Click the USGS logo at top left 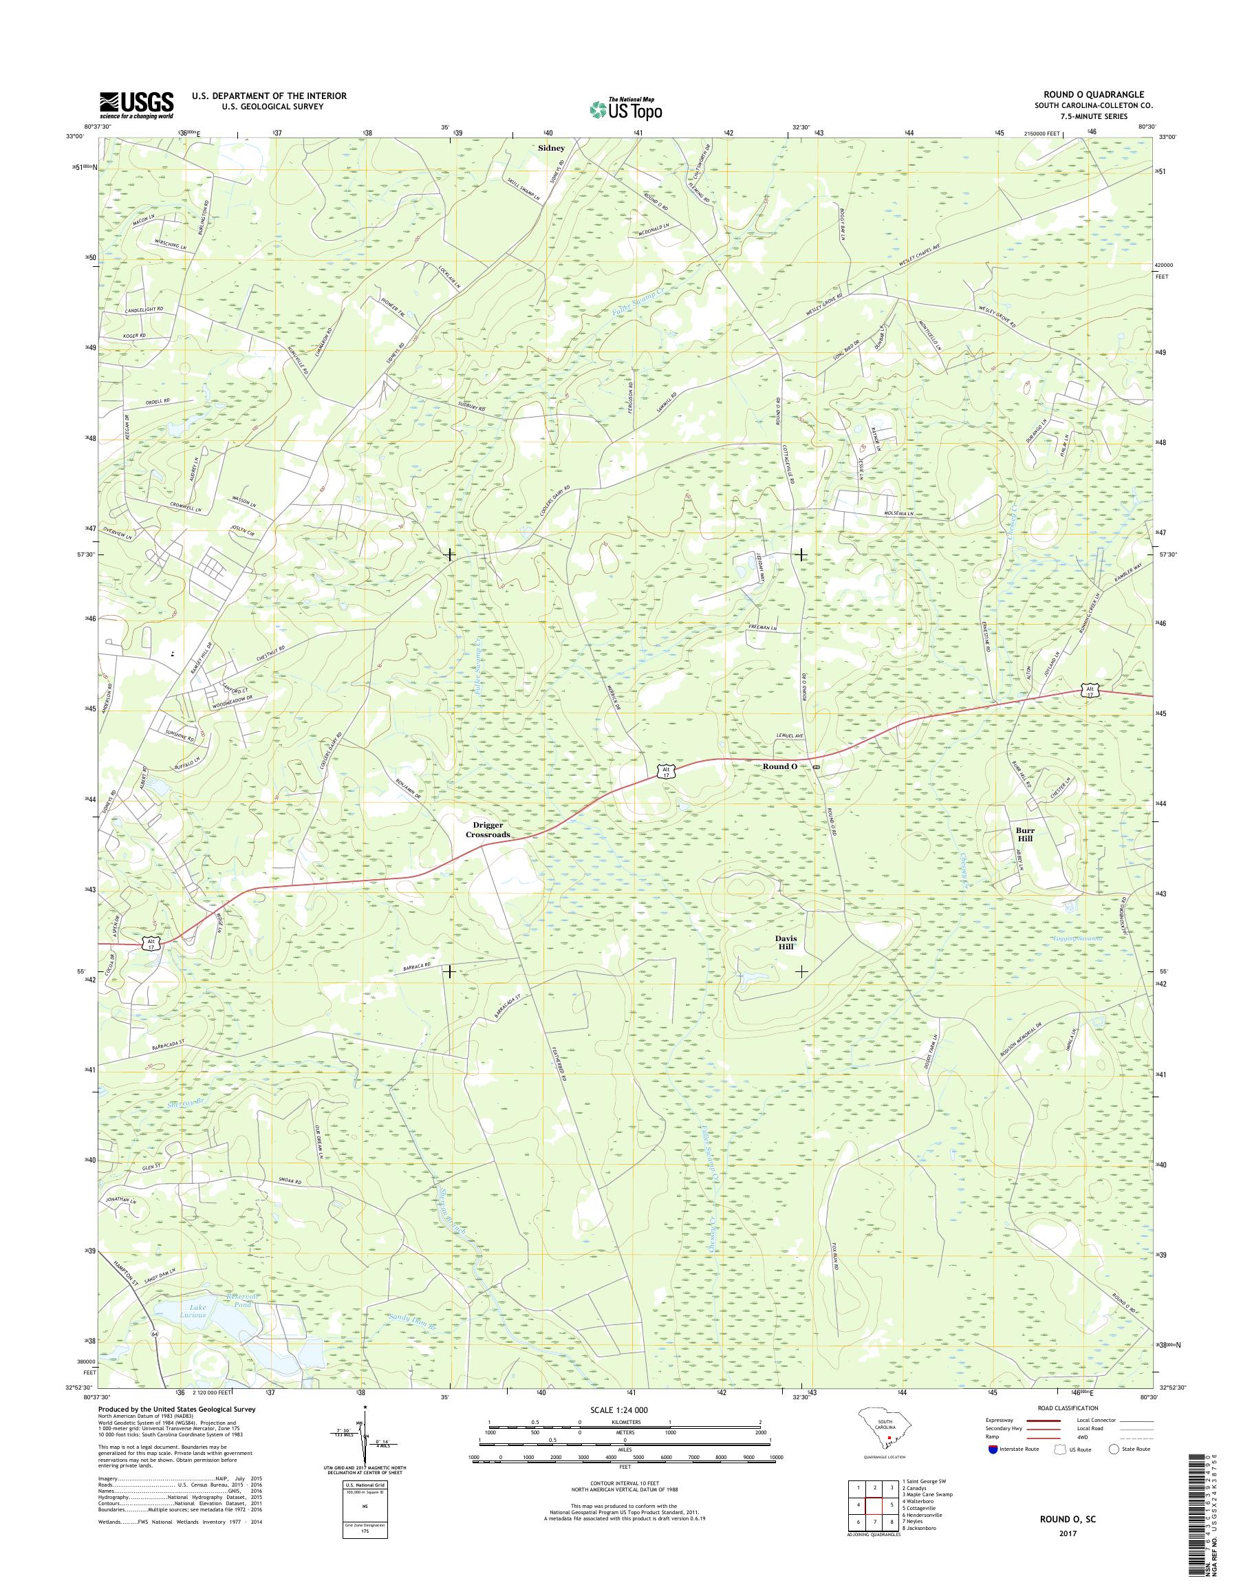coord(137,105)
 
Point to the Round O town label coord(779,766)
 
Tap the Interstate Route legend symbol coord(993,1449)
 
